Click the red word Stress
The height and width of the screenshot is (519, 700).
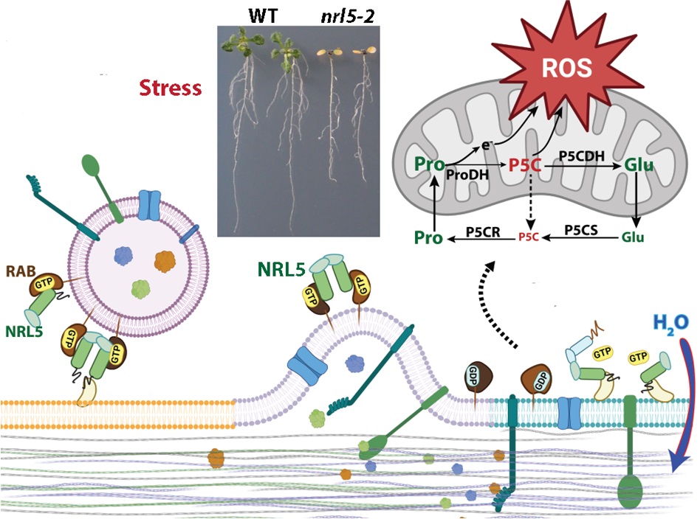(171, 88)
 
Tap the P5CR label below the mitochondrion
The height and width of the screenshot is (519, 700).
(484, 231)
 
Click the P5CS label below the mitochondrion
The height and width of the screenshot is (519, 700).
(581, 231)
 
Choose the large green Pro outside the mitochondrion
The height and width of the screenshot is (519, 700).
(429, 237)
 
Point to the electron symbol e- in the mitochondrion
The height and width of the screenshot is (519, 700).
(487, 147)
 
